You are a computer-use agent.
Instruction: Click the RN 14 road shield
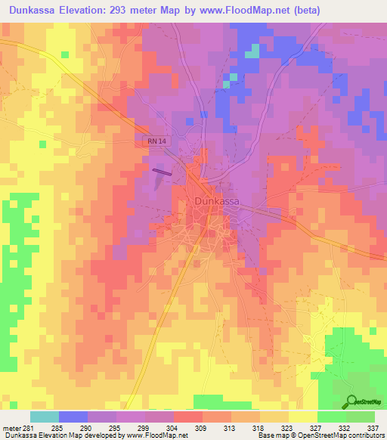[154, 141]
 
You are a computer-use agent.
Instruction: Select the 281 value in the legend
[27, 429]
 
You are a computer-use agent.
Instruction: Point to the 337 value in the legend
[374, 429]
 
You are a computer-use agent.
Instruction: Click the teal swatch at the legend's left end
[44, 417]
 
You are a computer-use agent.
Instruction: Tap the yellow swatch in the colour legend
[302, 417]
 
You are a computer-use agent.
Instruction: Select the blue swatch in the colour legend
[73, 417]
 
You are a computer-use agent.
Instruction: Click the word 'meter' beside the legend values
[10, 429]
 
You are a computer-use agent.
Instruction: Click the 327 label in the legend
[316, 429]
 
